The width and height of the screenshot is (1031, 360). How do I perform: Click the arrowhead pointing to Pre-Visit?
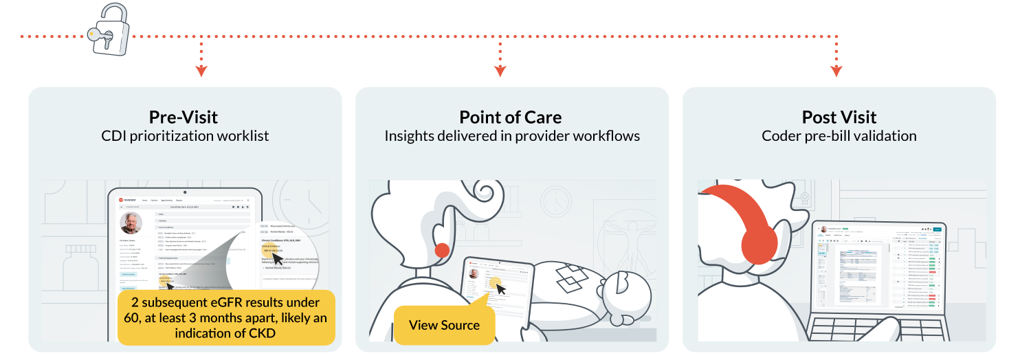(201, 71)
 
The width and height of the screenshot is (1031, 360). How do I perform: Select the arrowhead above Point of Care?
(500, 71)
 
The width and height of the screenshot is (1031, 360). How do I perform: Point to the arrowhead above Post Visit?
(836, 71)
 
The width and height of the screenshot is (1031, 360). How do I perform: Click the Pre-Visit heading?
(184, 117)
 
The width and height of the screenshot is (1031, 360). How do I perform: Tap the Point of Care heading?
(511, 117)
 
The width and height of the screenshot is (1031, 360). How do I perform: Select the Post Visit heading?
(839, 117)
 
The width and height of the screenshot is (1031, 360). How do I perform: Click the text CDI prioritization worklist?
(184, 136)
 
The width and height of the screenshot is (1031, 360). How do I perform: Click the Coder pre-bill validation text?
(839, 136)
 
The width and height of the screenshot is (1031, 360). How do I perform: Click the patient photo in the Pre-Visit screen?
(131, 223)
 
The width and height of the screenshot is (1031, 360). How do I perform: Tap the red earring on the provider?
(443, 250)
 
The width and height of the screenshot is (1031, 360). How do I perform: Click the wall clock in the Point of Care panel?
(555, 201)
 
